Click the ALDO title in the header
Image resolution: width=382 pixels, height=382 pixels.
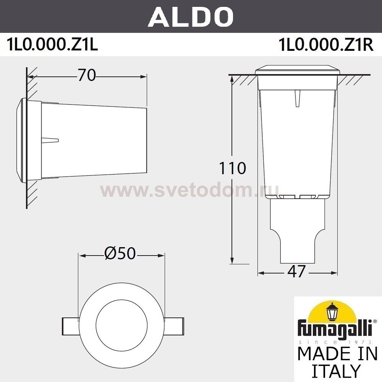[x=191, y=16]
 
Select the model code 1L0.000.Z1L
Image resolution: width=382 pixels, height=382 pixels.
[x=52, y=45]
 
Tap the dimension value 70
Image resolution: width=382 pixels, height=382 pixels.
[x=87, y=76]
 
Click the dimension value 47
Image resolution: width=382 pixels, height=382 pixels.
[x=296, y=271]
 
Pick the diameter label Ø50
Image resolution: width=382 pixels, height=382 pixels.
[x=120, y=254]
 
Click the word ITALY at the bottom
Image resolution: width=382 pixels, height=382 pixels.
[x=336, y=371]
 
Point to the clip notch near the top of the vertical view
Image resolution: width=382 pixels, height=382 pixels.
[x=297, y=99]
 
